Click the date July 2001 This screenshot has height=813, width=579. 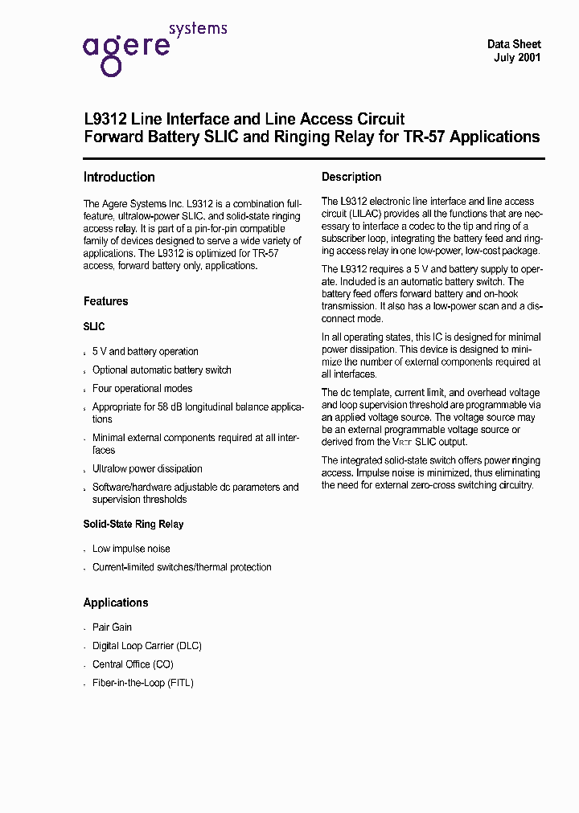tap(516, 58)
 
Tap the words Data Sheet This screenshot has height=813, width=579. tap(514, 44)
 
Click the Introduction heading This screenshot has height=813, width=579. tap(119, 177)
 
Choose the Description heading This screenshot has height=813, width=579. tap(351, 177)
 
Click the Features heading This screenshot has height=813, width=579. tap(105, 301)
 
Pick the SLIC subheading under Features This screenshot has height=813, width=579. tap(94, 327)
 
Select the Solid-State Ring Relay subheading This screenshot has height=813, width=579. tap(133, 524)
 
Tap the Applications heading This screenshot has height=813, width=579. tap(116, 603)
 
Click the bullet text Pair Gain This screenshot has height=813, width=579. tap(112, 627)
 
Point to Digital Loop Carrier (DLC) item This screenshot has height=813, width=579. tap(146, 646)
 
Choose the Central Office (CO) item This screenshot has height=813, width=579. tap(133, 664)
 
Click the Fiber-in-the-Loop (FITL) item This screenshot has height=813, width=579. tap(142, 683)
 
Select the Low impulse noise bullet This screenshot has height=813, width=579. tap(131, 549)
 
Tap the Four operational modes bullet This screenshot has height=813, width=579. tap(142, 389)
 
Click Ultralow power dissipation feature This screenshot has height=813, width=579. tap(147, 468)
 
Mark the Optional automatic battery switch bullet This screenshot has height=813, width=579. tap(162, 370)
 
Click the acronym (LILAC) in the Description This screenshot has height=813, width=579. tap(368, 214)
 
